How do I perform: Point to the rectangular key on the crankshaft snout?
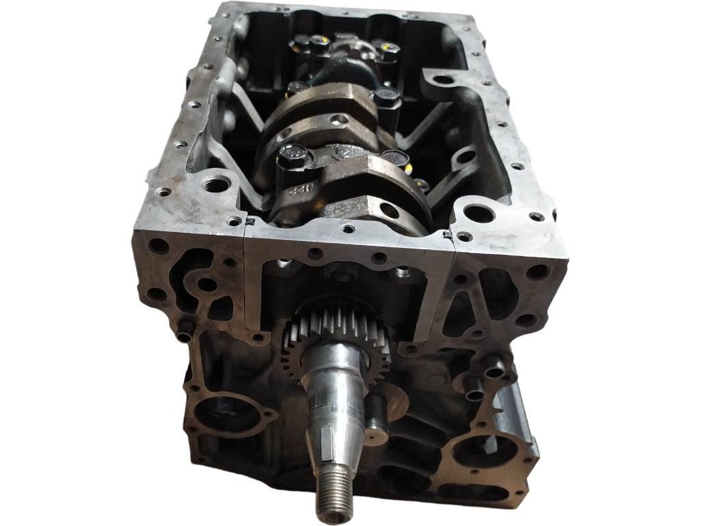pos(329,438)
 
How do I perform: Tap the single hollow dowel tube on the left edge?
pos(183,336)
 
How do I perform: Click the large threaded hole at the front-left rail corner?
pos(217,184)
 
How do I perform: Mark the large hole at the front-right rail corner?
pos(479,214)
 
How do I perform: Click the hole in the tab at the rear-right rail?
pos(443,79)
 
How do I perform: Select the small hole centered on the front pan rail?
pos(350,229)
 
